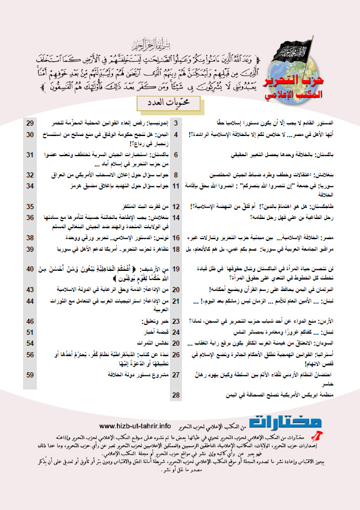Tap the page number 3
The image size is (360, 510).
(x=176, y=123)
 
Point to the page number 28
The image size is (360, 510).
(x=176, y=395)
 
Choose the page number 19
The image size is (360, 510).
(x=176, y=269)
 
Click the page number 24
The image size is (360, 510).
(x=176, y=332)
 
